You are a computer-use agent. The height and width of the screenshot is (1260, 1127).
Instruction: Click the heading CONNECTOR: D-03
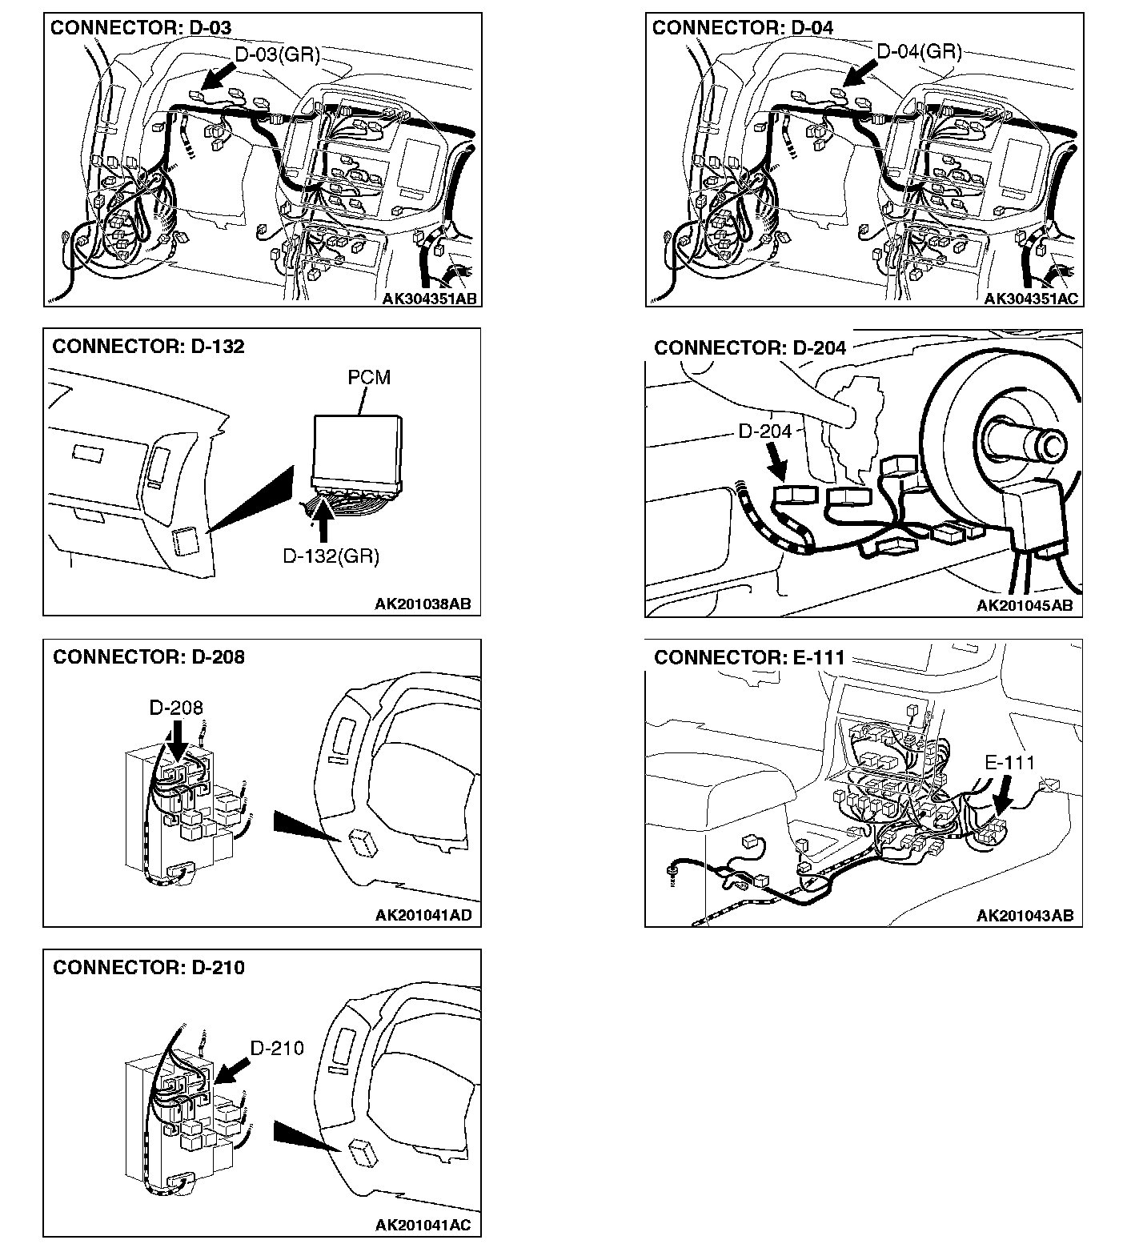pyautogui.click(x=141, y=28)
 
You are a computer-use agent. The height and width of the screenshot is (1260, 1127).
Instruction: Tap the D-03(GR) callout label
pyautogui.click(x=277, y=54)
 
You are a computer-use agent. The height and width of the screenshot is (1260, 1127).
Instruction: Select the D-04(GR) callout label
pyautogui.click(x=919, y=52)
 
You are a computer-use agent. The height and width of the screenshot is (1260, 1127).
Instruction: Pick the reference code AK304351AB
pyautogui.click(x=429, y=299)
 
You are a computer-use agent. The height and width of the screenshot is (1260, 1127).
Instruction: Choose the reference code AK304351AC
pyautogui.click(x=1031, y=299)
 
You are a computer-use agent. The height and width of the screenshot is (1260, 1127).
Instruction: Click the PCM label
pyautogui.click(x=369, y=377)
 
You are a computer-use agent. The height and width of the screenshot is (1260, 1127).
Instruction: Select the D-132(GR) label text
pyautogui.click(x=331, y=556)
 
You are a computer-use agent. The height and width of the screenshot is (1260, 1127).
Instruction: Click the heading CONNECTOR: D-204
pyautogui.click(x=750, y=348)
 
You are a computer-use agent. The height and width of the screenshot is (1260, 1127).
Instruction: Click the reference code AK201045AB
pyautogui.click(x=1025, y=606)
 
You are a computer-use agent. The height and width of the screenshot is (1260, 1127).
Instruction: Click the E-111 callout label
pyautogui.click(x=1009, y=763)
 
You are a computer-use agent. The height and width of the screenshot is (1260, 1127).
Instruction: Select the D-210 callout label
pyautogui.click(x=277, y=1048)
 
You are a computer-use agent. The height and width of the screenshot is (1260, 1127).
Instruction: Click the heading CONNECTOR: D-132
pyautogui.click(x=148, y=347)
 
